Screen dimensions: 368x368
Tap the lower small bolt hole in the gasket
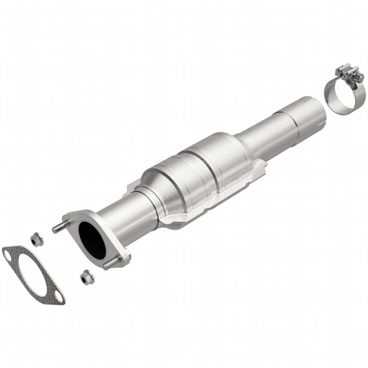[58, 296]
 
